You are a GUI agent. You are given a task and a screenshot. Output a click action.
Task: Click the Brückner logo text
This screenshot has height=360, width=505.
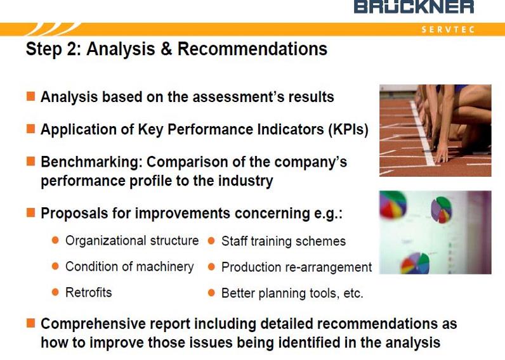click(x=414, y=6)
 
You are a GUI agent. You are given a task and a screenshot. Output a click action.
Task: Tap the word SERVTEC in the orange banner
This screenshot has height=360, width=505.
click(x=448, y=30)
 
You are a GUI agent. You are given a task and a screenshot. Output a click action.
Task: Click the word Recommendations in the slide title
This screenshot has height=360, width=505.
click(x=253, y=49)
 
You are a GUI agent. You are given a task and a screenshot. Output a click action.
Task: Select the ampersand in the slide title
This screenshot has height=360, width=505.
click(x=166, y=49)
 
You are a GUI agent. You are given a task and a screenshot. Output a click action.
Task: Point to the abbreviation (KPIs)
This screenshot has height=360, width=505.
click(x=348, y=130)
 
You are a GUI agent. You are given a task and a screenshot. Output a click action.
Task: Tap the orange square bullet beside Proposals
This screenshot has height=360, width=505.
click(x=30, y=212)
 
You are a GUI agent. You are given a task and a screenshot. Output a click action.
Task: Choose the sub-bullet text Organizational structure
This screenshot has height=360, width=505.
click(x=132, y=241)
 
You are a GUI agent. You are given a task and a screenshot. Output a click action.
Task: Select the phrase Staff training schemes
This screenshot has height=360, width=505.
click(x=284, y=241)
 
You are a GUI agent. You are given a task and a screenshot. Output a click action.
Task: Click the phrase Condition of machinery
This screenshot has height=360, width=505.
click(x=129, y=267)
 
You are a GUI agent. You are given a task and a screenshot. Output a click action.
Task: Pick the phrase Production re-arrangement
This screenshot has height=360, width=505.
click(x=297, y=267)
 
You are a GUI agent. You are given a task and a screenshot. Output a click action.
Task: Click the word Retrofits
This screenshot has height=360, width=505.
click(x=89, y=292)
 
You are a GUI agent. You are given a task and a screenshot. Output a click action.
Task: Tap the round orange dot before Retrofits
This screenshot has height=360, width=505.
click(x=55, y=292)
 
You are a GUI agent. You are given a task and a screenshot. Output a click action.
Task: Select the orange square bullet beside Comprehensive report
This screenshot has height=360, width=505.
click(x=30, y=323)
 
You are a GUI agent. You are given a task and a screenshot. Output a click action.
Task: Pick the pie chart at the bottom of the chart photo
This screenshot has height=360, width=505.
click(x=415, y=263)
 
